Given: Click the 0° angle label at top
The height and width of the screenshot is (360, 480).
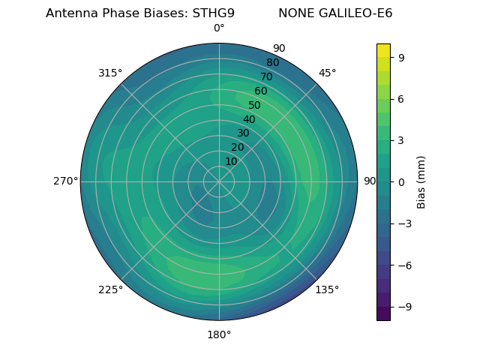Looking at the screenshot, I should click(219, 28).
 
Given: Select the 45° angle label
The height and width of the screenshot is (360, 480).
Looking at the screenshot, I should click(327, 73).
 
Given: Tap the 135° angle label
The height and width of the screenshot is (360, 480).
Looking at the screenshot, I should click(327, 289).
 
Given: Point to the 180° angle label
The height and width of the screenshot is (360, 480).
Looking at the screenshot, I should click(219, 334).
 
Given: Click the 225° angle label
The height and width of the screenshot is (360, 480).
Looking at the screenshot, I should click(110, 290).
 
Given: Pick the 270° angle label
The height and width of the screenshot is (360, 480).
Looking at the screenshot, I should click(65, 181).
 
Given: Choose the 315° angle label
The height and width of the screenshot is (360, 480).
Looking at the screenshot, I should click(110, 73).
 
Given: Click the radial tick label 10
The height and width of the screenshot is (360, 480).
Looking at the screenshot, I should click(231, 161).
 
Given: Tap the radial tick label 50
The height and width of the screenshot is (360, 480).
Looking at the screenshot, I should click(254, 106).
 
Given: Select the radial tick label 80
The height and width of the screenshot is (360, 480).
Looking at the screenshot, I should click(272, 63).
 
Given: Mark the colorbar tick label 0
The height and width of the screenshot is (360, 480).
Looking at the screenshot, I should click(402, 181).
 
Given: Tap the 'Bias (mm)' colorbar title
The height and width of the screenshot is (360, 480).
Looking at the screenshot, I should click(421, 181).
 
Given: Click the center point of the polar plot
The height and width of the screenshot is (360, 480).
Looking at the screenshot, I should click(219, 181).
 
